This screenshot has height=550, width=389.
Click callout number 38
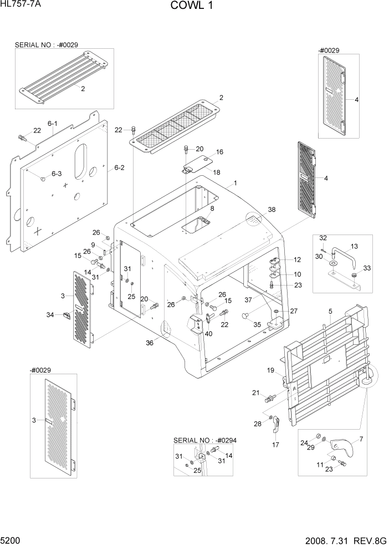click(x=272, y=210)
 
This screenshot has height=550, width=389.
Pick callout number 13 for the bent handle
click(x=354, y=246)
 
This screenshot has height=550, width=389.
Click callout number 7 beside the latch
click(x=361, y=439)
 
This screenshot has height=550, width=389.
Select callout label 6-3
click(x=57, y=174)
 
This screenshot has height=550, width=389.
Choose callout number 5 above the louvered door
click(x=330, y=312)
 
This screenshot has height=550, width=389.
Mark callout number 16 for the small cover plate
click(x=220, y=151)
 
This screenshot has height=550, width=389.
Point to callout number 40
click(x=208, y=333)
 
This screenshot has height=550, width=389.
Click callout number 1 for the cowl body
click(x=235, y=182)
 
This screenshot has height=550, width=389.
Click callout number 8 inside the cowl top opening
click(x=212, y=208)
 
